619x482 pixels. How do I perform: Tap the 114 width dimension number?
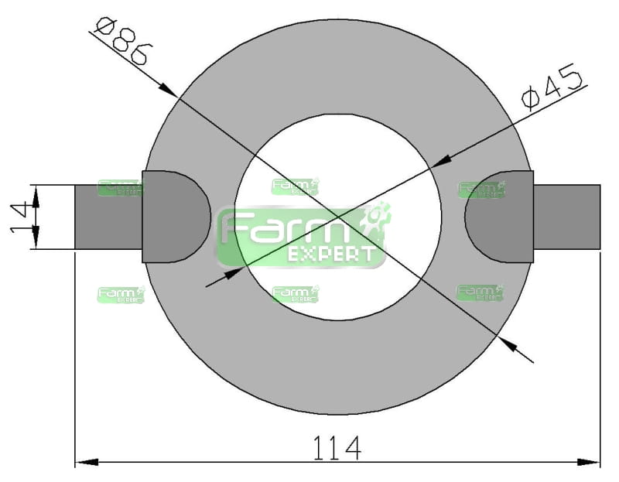pos(337,448)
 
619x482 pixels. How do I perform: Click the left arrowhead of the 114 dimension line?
pos(87,462)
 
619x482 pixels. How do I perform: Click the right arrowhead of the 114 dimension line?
pos(589,462)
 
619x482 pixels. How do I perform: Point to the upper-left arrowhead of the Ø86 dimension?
pos(168,90)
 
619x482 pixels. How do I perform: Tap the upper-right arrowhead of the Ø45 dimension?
pos(440,161)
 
